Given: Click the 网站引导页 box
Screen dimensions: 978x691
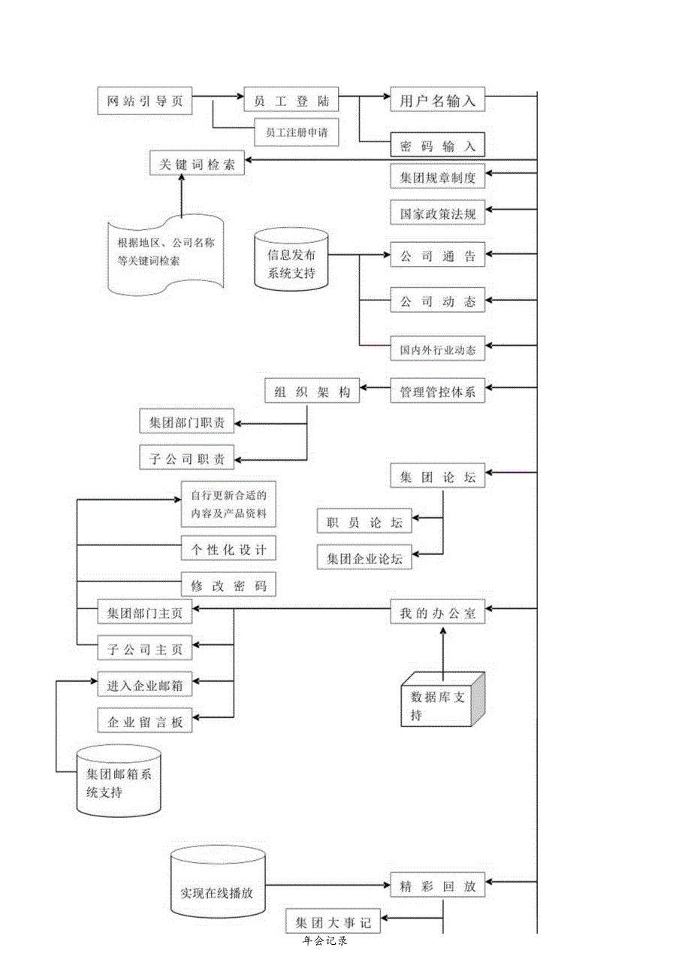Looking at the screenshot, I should point(145,101).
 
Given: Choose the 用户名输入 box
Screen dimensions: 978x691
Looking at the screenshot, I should point(438,101).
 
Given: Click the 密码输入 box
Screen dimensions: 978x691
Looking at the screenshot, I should point(438,145).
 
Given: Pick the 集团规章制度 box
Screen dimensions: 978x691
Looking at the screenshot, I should point(438,178).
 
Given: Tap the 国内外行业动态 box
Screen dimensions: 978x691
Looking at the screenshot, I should point(438,350).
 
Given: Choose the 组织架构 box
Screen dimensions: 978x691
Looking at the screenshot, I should point(312,391).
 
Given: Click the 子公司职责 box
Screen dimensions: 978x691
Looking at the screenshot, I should point(187,456).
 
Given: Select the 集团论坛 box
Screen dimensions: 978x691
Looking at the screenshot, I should point(438,477).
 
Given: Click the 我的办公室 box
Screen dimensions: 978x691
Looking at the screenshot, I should point(438,612).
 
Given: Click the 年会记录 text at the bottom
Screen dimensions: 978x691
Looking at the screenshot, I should point(325,940).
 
